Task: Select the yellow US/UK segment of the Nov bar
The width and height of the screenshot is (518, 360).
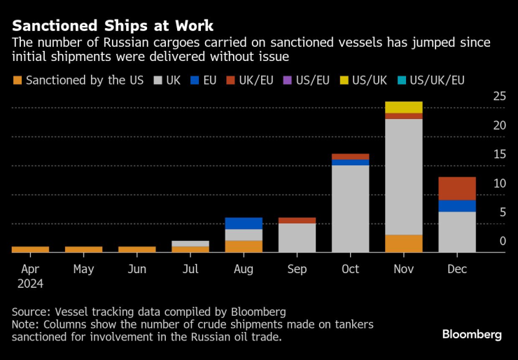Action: click(403, 107)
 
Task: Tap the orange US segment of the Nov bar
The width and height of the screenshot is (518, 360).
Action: click(403, 243)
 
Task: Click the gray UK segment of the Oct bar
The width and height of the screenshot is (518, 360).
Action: click(350, 208)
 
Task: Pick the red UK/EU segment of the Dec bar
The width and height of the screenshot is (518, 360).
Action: click(457, 188)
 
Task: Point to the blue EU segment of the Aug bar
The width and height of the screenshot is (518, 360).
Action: click(244, 223)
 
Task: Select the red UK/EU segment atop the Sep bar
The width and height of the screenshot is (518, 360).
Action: click(297, 221)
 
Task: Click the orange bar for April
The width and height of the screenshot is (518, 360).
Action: click(30, 249)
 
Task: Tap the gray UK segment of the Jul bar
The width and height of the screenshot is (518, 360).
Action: click(190, 244)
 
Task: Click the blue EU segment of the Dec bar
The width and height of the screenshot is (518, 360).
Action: click(457, 206)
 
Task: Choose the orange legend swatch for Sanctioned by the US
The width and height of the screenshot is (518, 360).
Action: click(17, 81)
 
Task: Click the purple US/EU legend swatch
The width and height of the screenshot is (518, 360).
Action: click(288, 81)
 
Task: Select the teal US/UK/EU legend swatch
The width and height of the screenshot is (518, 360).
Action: click(401, 81)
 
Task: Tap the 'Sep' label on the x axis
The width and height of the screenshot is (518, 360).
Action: click(297, 269)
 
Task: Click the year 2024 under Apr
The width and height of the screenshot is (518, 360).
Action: click(30, 284)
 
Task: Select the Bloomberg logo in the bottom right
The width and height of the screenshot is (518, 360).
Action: click(472, 335)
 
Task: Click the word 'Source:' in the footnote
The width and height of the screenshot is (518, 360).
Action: click(31, 311)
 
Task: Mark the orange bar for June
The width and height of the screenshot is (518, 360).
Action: click(137, 249)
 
